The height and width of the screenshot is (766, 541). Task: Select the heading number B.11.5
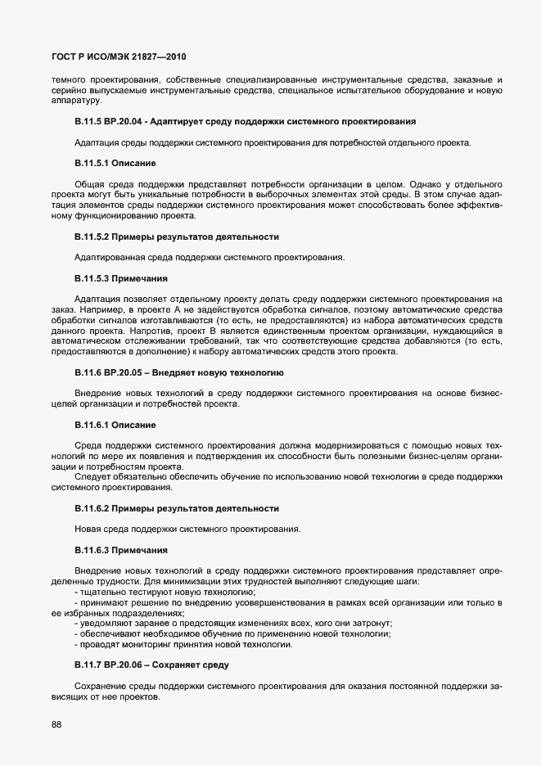pos(88,122)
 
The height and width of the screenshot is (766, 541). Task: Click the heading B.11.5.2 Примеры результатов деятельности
pos(176,237)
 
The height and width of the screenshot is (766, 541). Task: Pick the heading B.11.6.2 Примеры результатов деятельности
pos(176,508)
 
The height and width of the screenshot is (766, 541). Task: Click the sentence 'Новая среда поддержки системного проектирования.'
pos(186,529)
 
